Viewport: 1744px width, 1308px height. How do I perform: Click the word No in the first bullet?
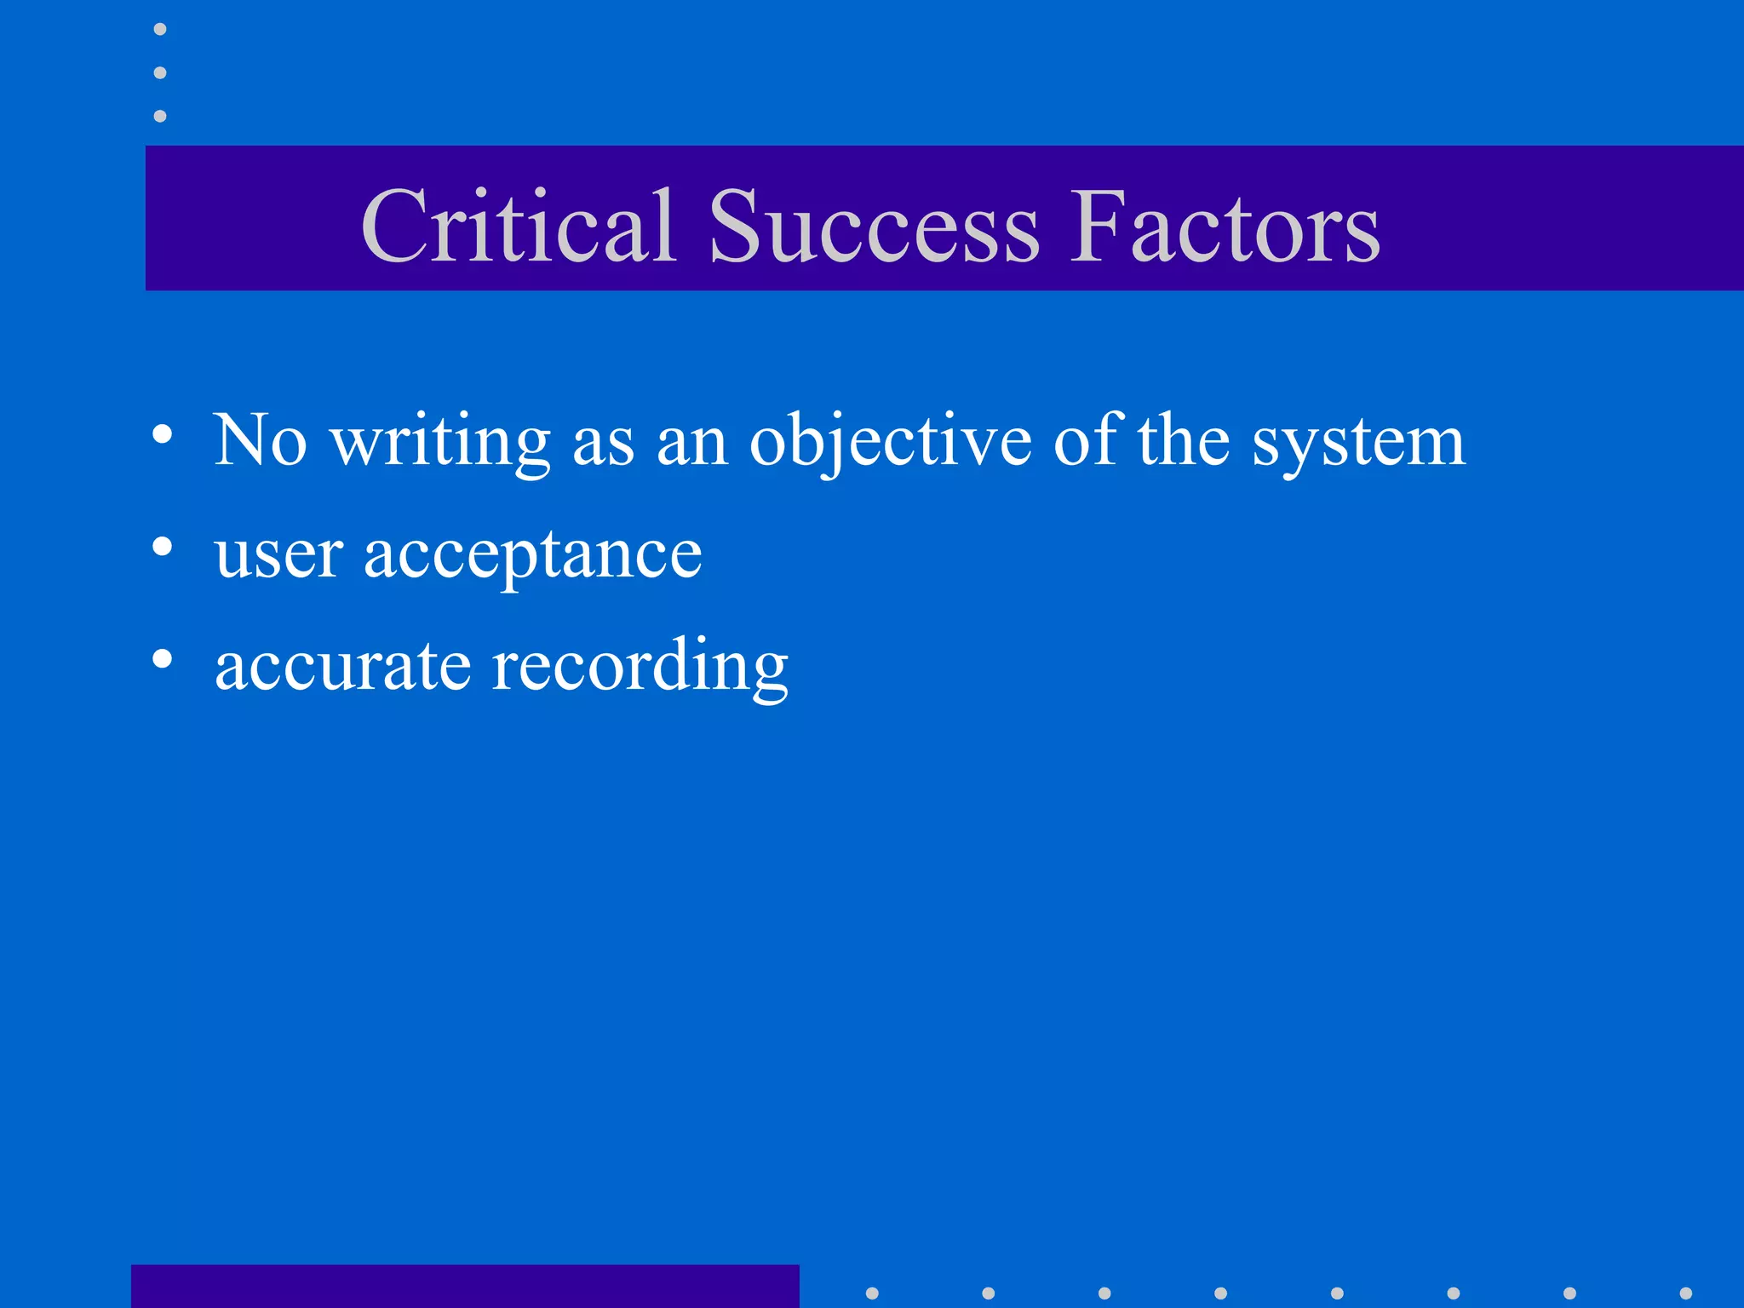[260, 440]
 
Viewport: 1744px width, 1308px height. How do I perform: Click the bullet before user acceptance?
[162, 546]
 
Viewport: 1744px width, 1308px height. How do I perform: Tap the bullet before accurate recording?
[162, 657]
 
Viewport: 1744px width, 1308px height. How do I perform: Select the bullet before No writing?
[162, 434]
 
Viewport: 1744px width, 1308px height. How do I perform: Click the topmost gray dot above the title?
[160, 30]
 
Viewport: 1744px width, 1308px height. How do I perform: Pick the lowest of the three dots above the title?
[160, 116]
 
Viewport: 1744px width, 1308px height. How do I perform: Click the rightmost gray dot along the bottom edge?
[1685, 1294]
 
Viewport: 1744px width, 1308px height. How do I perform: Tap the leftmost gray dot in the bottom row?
[872, 1294]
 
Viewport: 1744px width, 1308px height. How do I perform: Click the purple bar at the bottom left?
[465, 1286]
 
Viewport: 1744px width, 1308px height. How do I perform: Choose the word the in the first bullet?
[1184, 440]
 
